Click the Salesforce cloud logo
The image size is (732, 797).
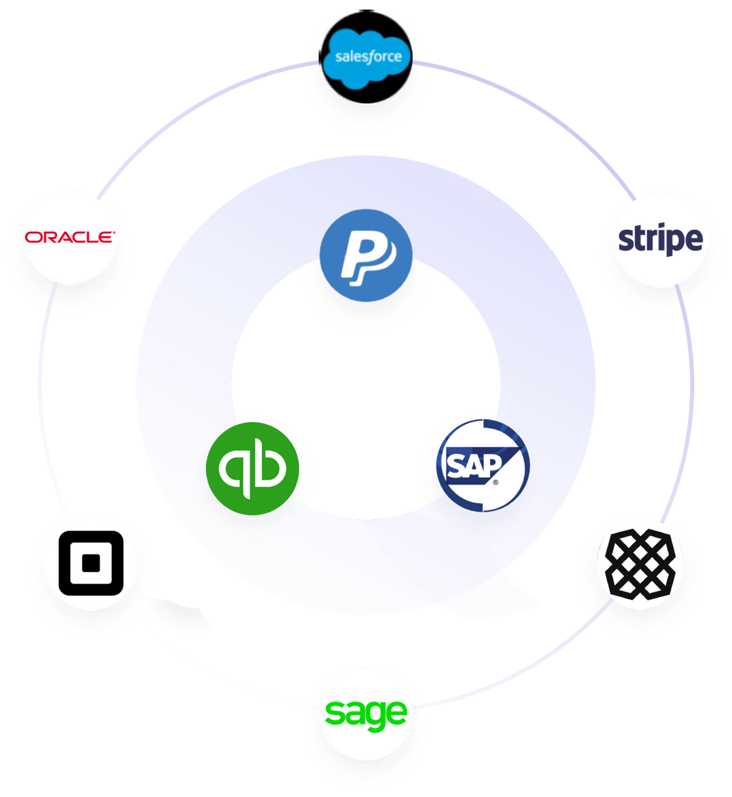click(x=366, y=56)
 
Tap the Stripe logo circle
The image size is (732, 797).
click(x=661, y=240)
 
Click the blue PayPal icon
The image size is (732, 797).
click(x=366, y=255)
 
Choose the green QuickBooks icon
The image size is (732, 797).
click(x=252, y=469)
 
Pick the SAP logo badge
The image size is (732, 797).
click(x=483, y=466)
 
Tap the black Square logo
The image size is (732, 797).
click(x=91, y=563)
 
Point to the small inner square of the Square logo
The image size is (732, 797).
click(x=91, y=563)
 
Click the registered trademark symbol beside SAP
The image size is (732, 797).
click(x=495, y=483)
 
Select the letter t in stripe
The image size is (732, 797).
click(x=638, y=239)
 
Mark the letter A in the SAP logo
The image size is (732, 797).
click(x=471, y=466)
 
